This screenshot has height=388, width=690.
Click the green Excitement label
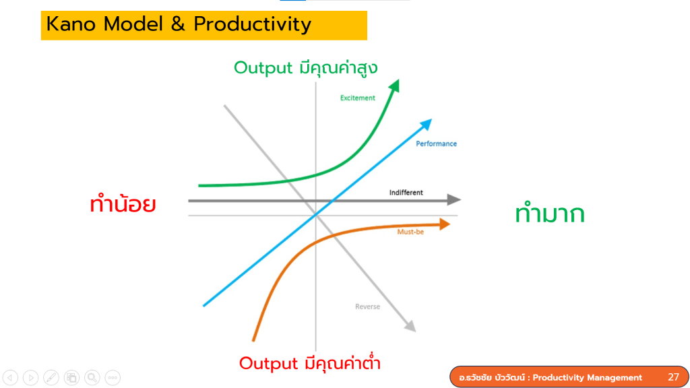tap(357, 98)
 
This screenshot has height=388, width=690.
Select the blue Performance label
tap(436, 144)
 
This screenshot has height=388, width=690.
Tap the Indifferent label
tap(406, 193)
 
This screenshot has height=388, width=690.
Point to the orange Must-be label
tap(410, 232)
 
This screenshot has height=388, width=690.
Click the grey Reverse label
tap(367, 306)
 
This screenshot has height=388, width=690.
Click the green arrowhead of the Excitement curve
tap(394, 86)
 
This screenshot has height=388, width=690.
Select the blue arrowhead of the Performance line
tap(426, 125)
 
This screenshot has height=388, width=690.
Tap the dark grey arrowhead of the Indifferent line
tap(453, 199)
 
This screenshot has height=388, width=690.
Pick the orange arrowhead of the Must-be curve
tap(445, 224)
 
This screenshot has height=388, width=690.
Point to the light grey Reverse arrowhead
tap(410, 326)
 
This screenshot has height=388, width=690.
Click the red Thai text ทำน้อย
tap(123, 205)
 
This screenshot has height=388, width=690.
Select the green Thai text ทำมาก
tap(550, 214)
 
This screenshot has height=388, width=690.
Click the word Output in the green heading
tap(263, 68)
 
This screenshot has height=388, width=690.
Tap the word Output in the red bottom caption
tap(268, 364)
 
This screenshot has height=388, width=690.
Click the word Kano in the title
tap(71, 24)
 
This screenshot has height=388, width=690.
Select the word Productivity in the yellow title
tap(253, 25)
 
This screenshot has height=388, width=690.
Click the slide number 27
tap(673, 377)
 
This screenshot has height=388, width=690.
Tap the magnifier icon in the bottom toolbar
tap(92, 377)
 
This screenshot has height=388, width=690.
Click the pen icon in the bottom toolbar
tap(51, 377)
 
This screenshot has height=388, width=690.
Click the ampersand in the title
tap(178, 24)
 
